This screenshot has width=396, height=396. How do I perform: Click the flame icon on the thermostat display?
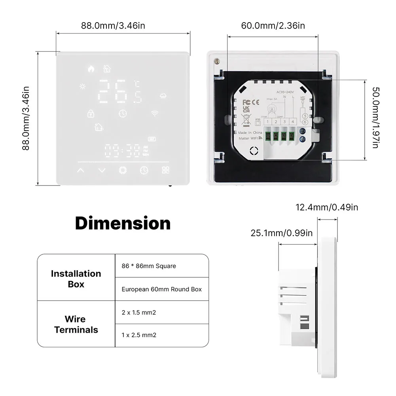pyautogui.click(x=91, y=69)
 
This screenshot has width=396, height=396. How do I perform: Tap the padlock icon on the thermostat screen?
pyautogui.click(x=90, y=113)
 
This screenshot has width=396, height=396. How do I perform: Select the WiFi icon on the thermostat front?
pyautogui.click(x=154, y=114)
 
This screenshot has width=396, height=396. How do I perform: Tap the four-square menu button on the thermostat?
pyautogui.click(x=165, y=170)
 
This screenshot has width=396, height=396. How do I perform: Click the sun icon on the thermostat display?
pyautogui.click(x=82, y=86)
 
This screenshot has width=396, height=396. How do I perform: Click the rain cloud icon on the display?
pyautogui.click(x=163, y=95)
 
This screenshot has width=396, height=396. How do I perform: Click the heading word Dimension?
pyautogui.click(x=123, y=224)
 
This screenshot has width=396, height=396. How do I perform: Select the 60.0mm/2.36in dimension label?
pyautogui.click(x=273, y=26)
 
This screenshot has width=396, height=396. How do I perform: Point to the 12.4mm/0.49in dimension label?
pyautogui.click(x=327, y=207)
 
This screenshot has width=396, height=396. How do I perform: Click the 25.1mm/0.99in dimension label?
pyautogui.click(x=281, y=233)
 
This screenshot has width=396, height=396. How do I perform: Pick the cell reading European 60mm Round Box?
pyautogui.click(x=161, y=289)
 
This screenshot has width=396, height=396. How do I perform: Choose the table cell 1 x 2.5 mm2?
pyautogui.click(x=139, y=335)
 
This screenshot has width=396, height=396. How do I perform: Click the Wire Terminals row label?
pyautogui.click(x=76, y=324)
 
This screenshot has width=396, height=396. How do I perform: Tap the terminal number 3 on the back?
pyautogui.click(x=284, y=121)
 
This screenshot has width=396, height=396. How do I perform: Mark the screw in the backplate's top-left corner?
pyautogui.click(x=216, y=62)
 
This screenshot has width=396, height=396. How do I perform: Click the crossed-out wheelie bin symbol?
pyautogui.click(x=246, y=117)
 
